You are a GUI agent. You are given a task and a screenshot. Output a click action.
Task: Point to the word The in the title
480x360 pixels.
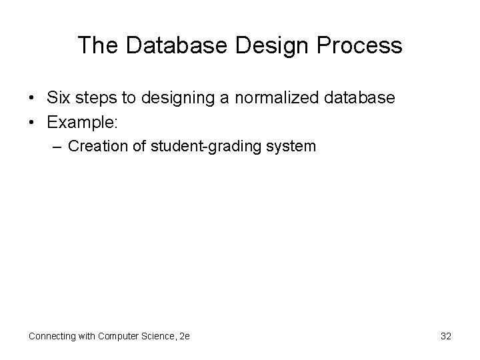pyautogui.click(x=97, y=45)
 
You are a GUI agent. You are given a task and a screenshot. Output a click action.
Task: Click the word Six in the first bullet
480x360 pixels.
pyautogui.click(x=57, y=98)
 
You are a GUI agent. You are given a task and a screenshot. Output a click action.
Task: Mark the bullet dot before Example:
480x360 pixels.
pyautogui.click(x=31, y=121)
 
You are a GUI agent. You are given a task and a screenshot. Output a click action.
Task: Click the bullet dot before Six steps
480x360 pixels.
pyautogui.click(x=31, y=99)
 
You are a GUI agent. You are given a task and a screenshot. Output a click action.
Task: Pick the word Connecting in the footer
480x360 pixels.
pyautogui.click(x=53, y=337)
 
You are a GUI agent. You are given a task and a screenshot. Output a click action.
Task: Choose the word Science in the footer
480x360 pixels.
pyautogui.click(x=159, y=337)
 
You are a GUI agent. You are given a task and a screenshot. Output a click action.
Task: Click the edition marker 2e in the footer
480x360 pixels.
pyautogui.click(x=184, y=337)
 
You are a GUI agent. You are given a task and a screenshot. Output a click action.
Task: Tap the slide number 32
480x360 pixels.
pyautogui.click(x=446, y=337)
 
